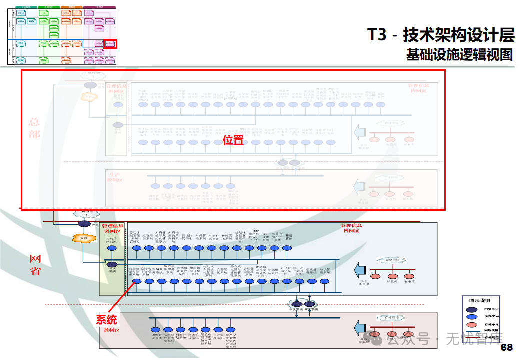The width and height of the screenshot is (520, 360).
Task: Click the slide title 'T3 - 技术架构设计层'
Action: (x=440, y=35)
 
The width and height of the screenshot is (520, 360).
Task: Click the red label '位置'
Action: (x=233, y=140)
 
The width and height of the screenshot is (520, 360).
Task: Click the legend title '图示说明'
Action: (x=479, y=301)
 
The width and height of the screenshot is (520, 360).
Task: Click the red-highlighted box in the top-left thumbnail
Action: (x=110, y=44)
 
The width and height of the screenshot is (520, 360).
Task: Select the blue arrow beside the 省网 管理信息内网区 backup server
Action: (x=359, y=271)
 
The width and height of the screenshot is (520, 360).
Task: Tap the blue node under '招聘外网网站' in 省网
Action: (x=112, y=248)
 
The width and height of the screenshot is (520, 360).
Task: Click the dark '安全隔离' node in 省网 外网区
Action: (x=112, y=264)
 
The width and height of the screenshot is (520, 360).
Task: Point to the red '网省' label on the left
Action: (x=35, y=265)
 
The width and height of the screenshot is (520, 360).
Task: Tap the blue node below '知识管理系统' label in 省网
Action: (x=324, y=282)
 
